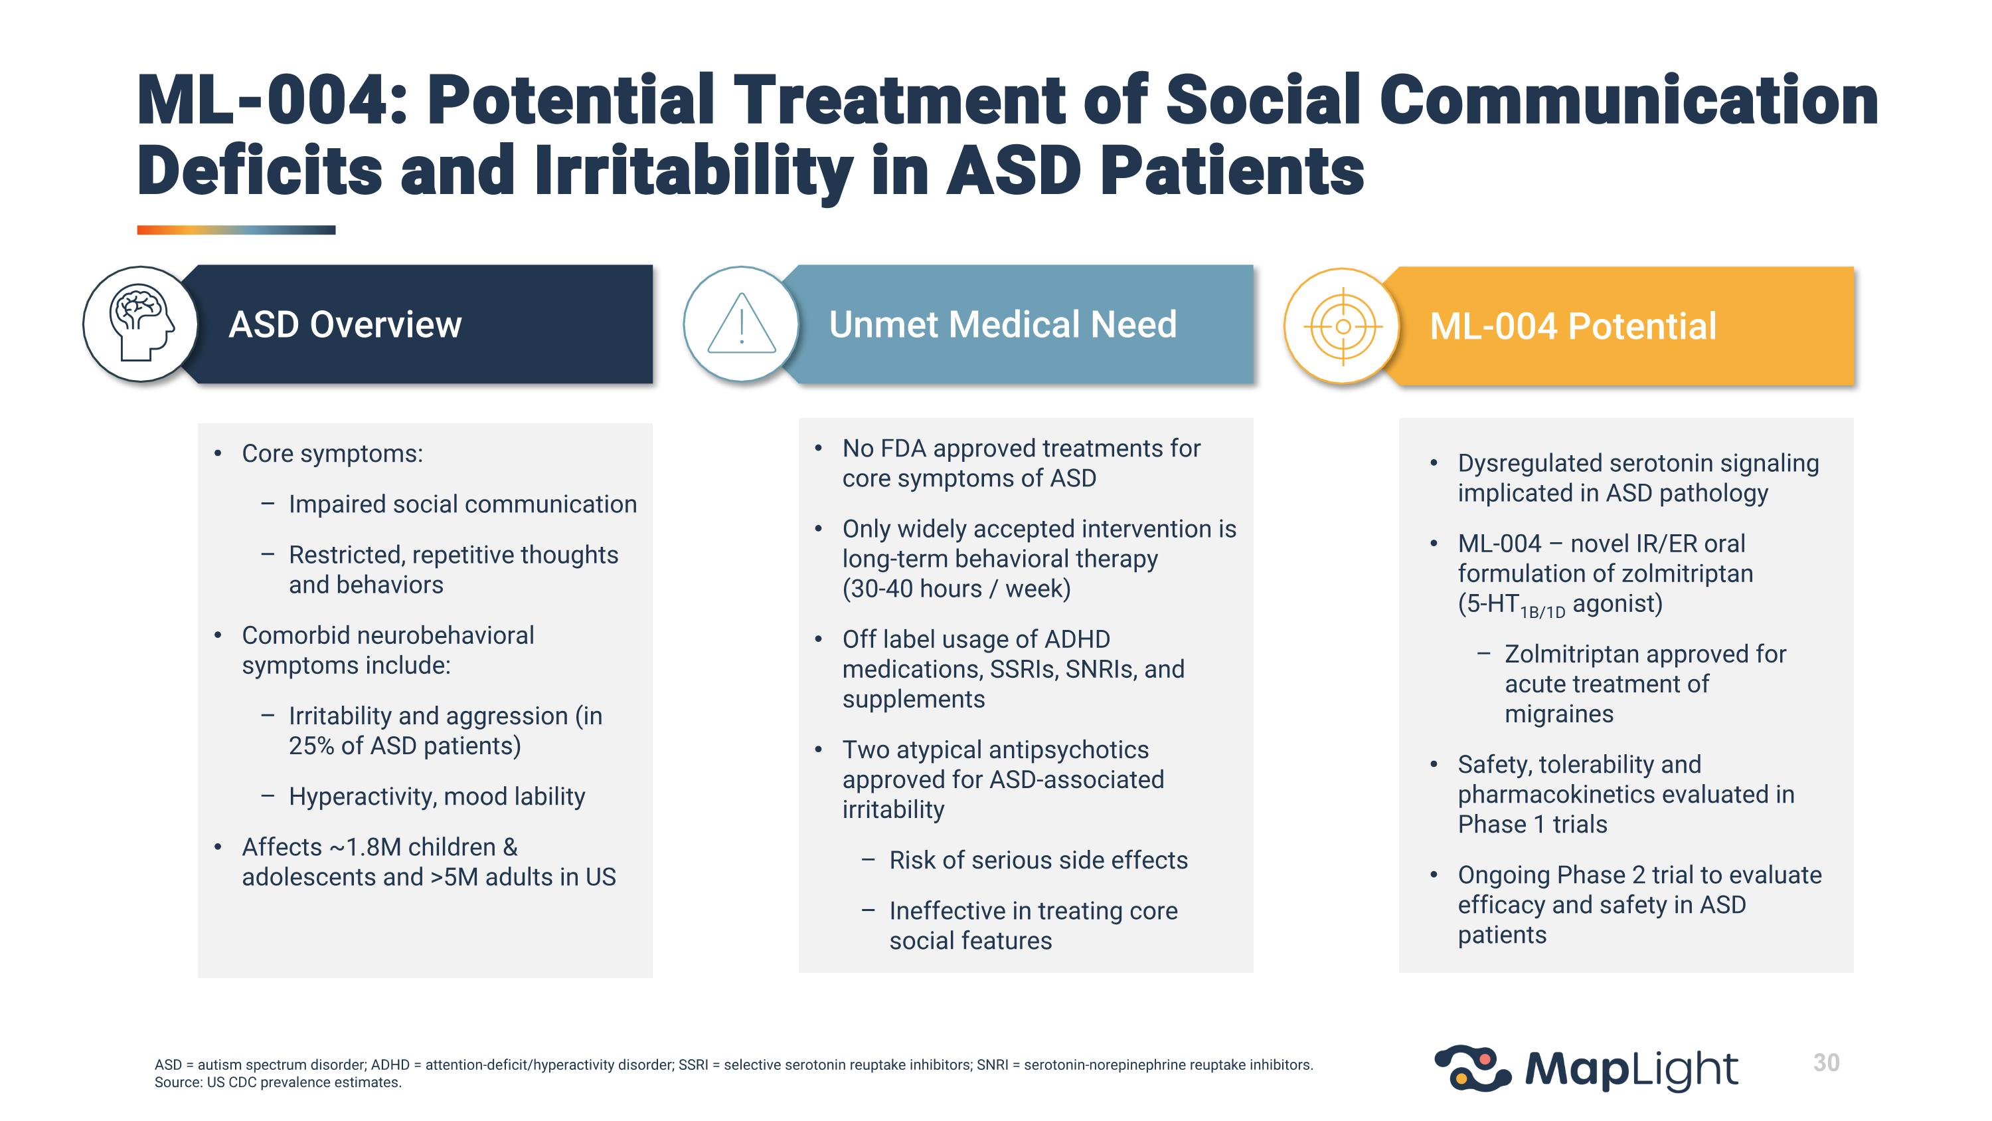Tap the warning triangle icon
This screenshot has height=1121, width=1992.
pyautogui.click(x=741, y=324)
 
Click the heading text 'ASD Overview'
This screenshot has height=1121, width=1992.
pyautogui.click(x=345, y=325)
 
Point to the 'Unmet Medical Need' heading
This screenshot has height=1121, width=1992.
pyautogui.click(x=1002, y=324)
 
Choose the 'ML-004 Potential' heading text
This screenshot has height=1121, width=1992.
pyautogui.click(x=1572, y=326)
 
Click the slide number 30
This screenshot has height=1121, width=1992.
pyautogui.click(x=1826, y=1063)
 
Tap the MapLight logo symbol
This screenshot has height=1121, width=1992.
pyautogui.click(x=1472, y=1069)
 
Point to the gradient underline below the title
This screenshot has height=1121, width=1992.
pyautogui.click(x=236, y=230)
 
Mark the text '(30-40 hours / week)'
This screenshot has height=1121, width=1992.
pyautogui.click(x=955, y=589)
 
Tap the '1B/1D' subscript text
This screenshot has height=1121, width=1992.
pyautogui.click(x=1542, y=613)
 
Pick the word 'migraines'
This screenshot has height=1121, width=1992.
pyautogui.click(x=1558, y=714)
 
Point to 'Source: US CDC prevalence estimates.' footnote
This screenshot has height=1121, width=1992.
pyautogui.click(x=278, y=1082)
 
